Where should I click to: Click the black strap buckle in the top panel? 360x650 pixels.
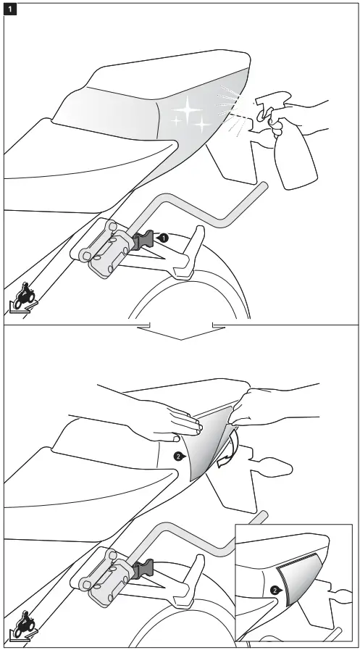[144, 240]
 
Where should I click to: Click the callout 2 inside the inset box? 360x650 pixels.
[274, 590]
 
